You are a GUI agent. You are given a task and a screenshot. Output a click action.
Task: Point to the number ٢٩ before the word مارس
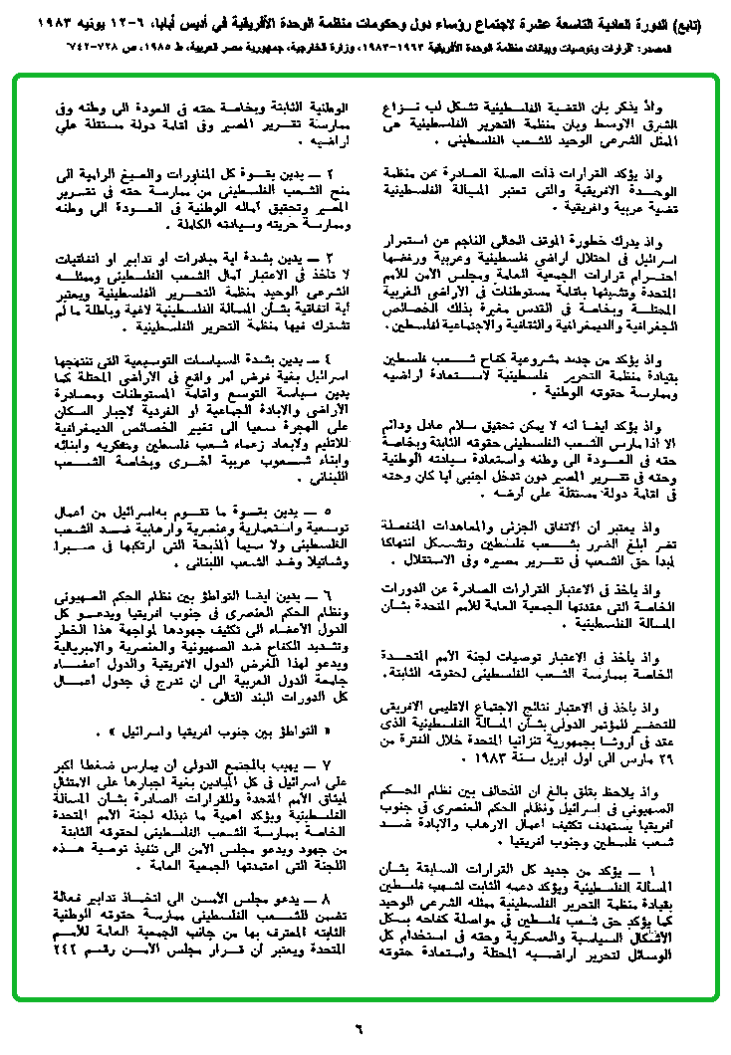[x=672, y=757]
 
